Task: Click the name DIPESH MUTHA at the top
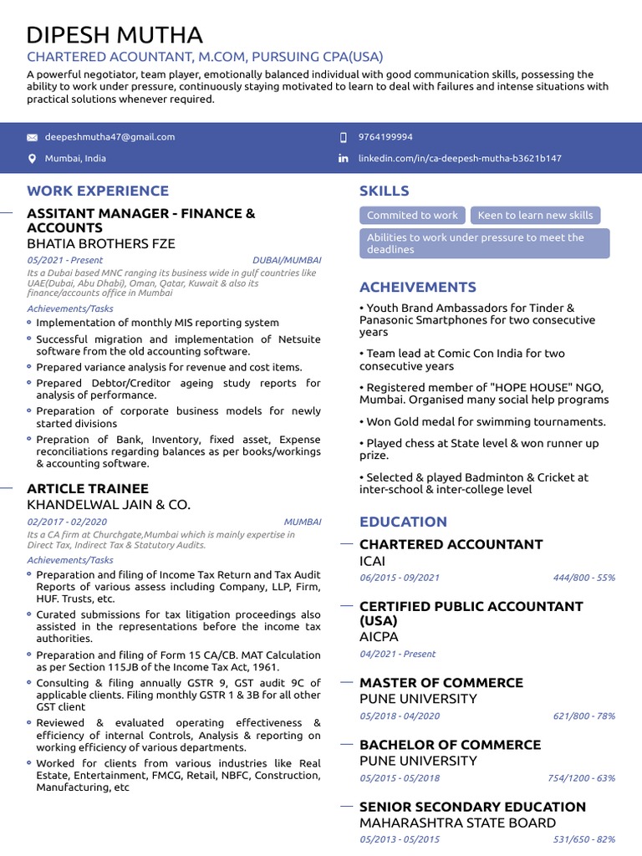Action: click(115, 35)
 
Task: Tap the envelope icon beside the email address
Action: click(33, 137)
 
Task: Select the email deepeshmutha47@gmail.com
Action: click(110, 137)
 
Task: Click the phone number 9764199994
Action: click(385, 137)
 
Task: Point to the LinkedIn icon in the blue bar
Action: click(343, 159)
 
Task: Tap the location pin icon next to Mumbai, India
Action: click(33, 159)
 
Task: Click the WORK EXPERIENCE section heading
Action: click(98, 191)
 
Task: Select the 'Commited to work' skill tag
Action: click(412, 215)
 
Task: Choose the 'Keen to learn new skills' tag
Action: click(535, 215)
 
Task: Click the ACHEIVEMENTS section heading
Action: click(418, 287)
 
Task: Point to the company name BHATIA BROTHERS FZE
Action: click(101, 244)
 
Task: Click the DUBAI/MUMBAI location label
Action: click(287, 260)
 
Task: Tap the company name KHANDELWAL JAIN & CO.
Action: click(109, 505)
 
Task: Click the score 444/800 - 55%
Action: click(583, 578)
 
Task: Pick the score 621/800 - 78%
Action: click(583, 716)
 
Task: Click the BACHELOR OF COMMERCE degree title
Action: click(450, 745)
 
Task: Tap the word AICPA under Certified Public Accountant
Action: click(380, 637)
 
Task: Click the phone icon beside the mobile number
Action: click(343, 137)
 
